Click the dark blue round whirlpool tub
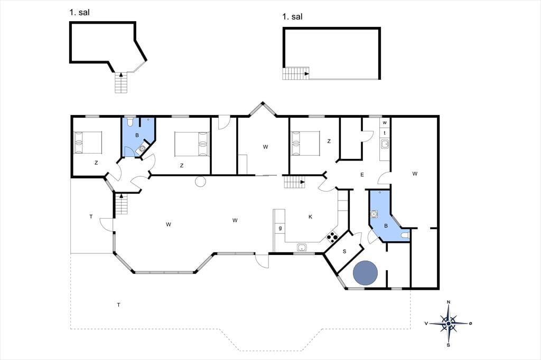tap(366, 273)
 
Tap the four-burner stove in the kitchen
tap(332, 236)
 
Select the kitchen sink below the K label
tap(302, 247)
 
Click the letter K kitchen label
tap(310, 216)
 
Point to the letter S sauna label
tap(344, 251)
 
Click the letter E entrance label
tap(362, 175)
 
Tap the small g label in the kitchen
tap(280, 228)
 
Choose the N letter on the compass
tap(449, 302)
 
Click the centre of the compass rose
tap(449, 324)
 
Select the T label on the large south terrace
tap(119, 305)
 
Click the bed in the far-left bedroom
tap(88, 142)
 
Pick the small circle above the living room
tap(200, 182)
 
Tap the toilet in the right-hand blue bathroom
tap(405, 235)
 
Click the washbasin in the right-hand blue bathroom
tap(374, 214)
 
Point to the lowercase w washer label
tap(385, 122)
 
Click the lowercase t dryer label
tap(385, 133)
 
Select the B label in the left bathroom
tap(137, 135)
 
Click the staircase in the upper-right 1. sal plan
tap(296, 73)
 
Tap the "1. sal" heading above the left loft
tap(79, 13)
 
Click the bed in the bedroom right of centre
tap(305, 144)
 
